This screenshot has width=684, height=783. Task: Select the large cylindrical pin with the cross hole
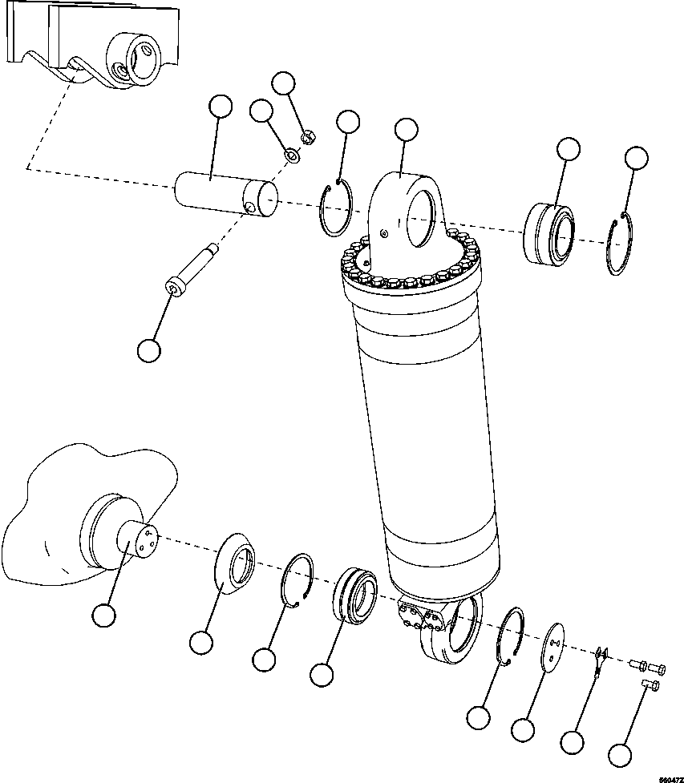coord(225,195)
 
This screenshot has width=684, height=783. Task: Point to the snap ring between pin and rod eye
coord(336,209)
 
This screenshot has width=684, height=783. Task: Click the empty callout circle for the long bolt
coord(149,349)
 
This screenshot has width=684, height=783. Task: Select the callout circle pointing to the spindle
coord(103,616)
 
